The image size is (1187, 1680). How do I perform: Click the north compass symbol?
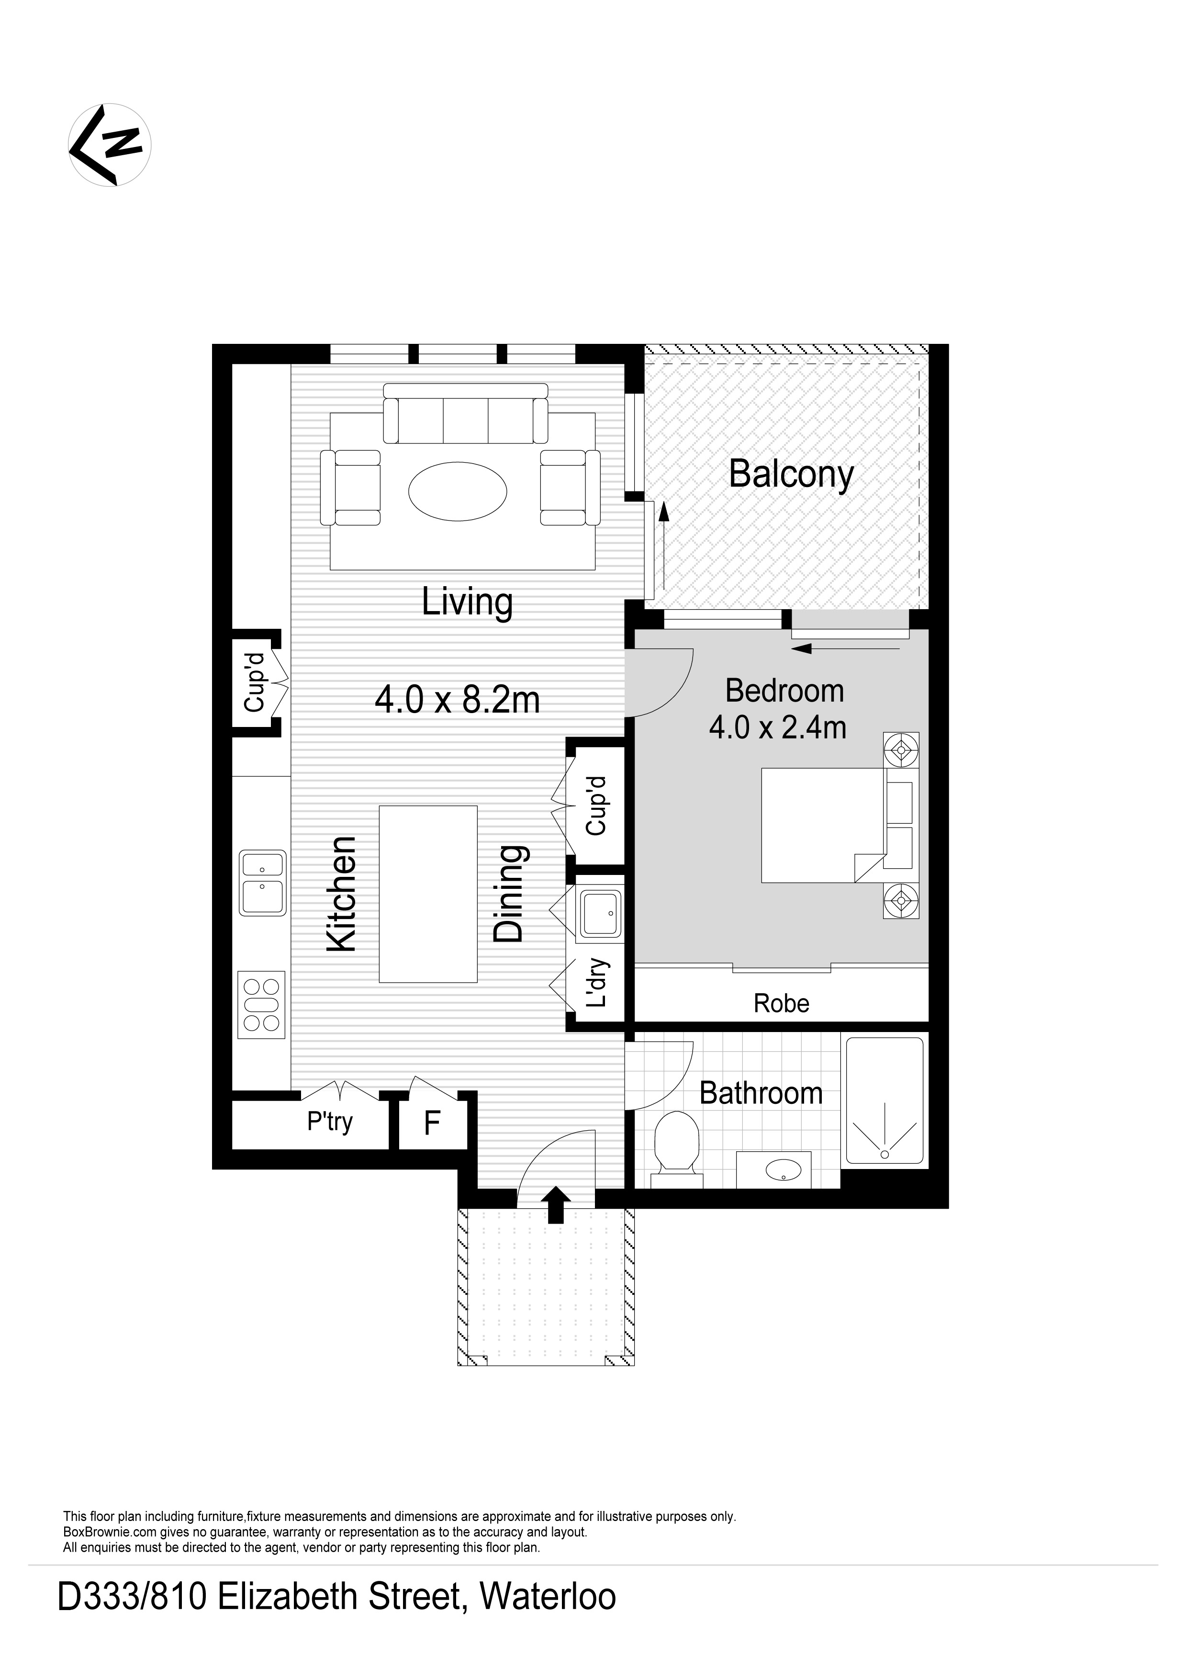coord(110,145)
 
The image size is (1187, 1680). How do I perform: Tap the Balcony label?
coord(791,475)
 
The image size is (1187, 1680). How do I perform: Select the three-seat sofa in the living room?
coord(466,421)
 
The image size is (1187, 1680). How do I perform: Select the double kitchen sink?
coord(263,883)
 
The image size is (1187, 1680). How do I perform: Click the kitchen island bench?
coord(428,894)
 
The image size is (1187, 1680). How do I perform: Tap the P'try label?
coord(330,1122)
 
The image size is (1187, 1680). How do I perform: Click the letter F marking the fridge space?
coord(432,1123)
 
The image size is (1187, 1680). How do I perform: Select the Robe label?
coord(781,1003)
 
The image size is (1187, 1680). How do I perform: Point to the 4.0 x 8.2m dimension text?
coord(457,700)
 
